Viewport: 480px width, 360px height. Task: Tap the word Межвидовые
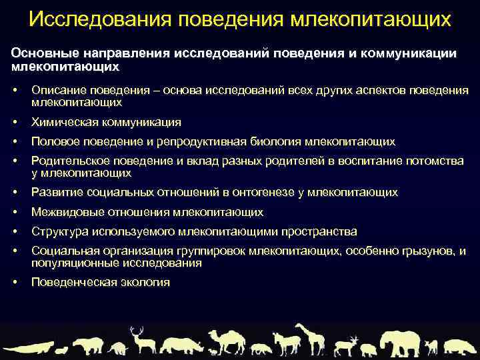tap(65, 212)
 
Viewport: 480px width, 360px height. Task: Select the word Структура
tap(58, 231)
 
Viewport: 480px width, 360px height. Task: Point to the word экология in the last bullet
tap(146, 282)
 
